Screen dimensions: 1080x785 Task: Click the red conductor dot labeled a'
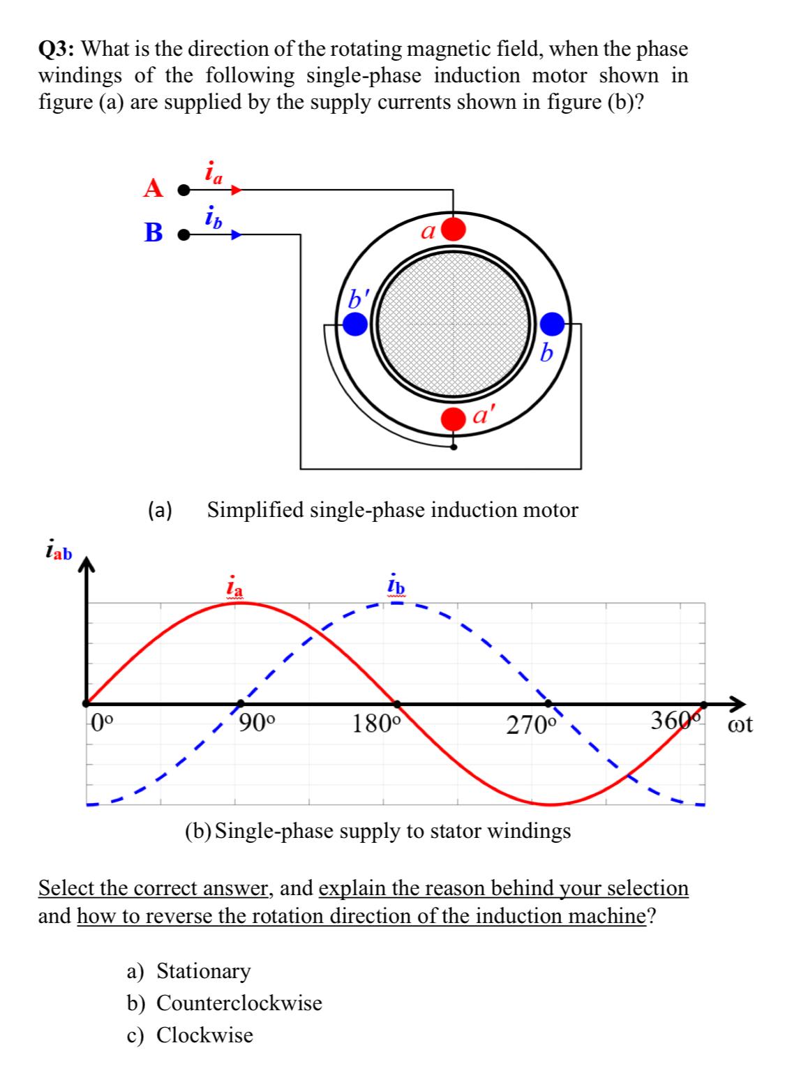tap(454, 419)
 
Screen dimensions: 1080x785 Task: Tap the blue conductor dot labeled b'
tap(355, 323)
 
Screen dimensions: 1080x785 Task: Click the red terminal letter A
tap(154, 188)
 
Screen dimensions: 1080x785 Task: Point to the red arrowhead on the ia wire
tap(237, 188)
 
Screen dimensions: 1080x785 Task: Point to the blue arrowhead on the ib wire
tap(237, 235)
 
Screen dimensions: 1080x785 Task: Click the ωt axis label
tap(740, 724)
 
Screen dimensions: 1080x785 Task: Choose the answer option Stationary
tap(202, 970)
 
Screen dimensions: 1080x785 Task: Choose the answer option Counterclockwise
tap(239, 1003)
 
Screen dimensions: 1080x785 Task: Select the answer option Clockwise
tap(204, 1035)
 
